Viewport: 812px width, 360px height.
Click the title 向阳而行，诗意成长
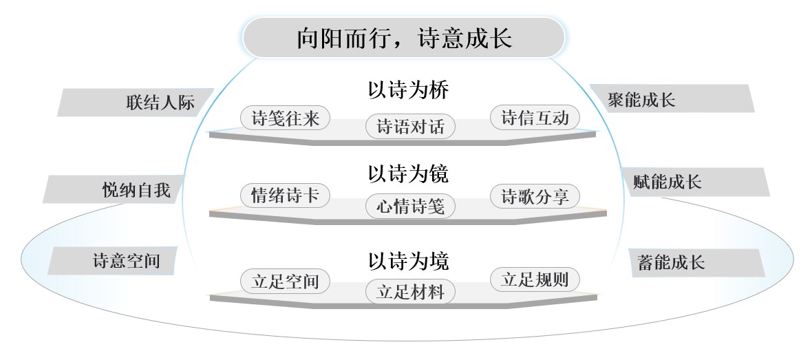coord(405,39)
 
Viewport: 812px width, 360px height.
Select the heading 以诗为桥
coord(408,90)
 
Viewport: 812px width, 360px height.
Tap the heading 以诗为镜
coord(408,173)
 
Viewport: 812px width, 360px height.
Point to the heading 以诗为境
coord(408,261)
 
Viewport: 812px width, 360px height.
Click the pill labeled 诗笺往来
coord(285,118)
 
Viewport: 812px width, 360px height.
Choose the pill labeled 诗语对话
coord(410,127)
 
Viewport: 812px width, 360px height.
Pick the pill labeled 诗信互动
coord(535,118)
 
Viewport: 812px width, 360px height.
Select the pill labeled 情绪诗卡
coord(285,195)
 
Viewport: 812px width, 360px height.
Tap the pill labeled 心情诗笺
coord(410,207)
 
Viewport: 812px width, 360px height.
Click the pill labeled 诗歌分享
coord(535,196)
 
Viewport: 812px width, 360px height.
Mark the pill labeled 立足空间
coord(285,282)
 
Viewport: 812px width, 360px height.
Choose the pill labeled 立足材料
coord(410,292)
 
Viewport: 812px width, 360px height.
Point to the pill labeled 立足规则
coord(535,279)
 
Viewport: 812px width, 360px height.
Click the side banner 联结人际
coord(136,102)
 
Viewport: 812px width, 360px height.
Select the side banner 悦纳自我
coord(114,189)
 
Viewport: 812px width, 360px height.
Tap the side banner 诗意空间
coord(112,261)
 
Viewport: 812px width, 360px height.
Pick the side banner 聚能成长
coord(672,98)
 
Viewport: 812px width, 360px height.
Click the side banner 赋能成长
coord(695,182)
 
